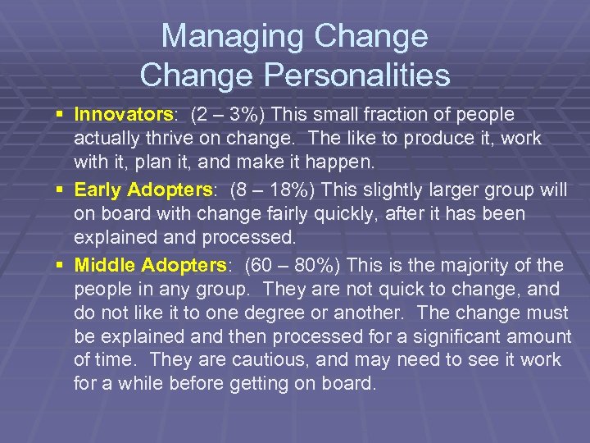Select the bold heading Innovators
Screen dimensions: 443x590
[120, 114]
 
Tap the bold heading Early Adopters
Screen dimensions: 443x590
[143, 190]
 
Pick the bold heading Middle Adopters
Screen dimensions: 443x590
[150, 265]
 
